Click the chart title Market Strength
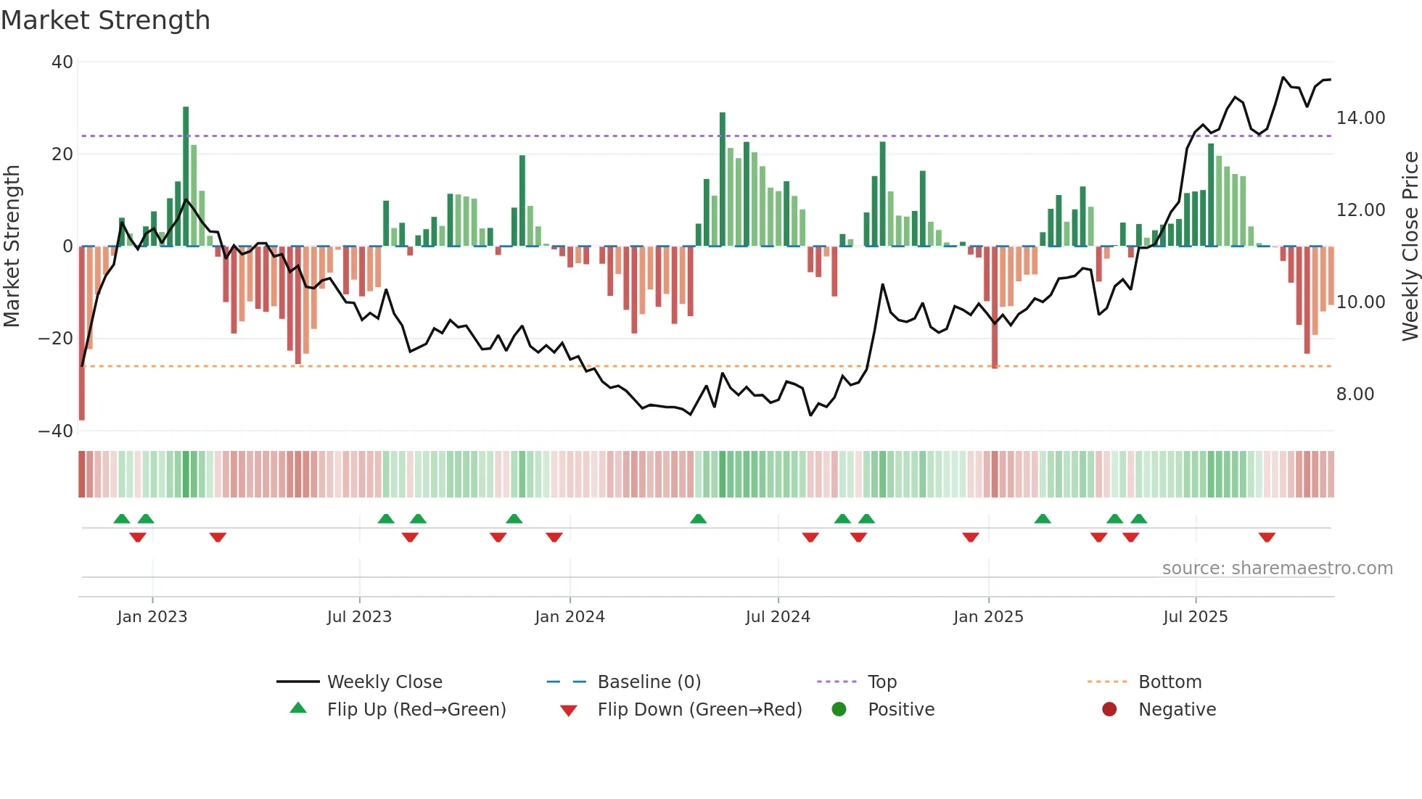tap(105, 20)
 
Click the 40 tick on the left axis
tap(62, 62)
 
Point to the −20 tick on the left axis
tap(56, 339)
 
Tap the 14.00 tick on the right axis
tap(1360, 118)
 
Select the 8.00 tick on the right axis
tap(1355, 394)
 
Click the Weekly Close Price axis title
tap(1410, 246)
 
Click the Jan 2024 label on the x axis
tap(570, 617)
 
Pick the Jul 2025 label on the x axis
tap(1195, 617)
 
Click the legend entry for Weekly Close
tap(384, 682)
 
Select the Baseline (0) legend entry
tap(649, 682)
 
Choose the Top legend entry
tap(881, 682)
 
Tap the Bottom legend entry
tap(1170, 682)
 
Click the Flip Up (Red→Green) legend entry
tap(416, 710)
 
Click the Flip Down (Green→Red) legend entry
tap(699, 710)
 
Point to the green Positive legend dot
tap(839, 710)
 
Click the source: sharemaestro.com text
tap(1277, 568)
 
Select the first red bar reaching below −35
tap(82, 334)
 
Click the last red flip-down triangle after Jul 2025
tap(1267, 537)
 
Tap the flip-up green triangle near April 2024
tap(698, 518)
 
